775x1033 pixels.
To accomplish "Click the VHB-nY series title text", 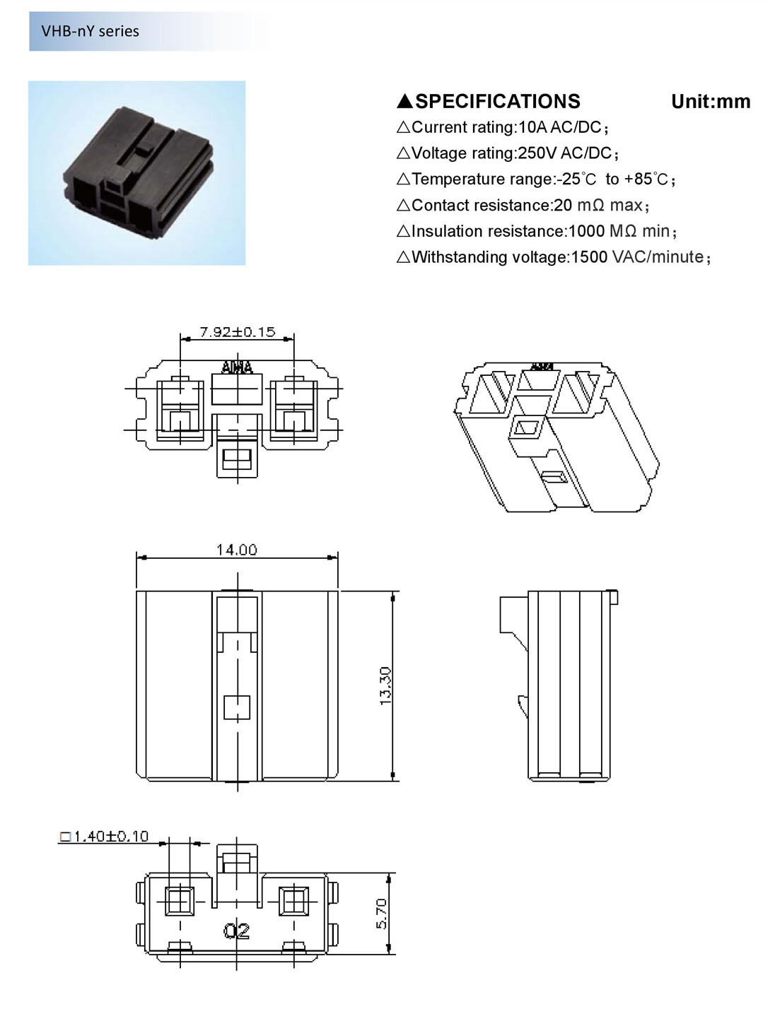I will [90, 31].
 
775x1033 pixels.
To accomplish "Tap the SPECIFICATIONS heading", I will [497, 102].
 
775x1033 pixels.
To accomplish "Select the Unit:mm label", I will [710, 102].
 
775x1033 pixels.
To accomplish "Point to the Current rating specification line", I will [503, 128].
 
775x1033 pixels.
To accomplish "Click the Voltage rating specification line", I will [508, 153].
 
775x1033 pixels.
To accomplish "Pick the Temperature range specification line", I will [536, 179].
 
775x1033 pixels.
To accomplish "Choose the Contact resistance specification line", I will [523, 206].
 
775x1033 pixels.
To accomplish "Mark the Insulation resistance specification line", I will [537, 232].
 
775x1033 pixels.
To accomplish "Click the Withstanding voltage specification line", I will [554, 257].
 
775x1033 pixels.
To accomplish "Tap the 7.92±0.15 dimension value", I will [237, 331].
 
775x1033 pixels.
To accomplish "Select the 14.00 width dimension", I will [236, 550].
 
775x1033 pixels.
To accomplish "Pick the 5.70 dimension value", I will [381, 913].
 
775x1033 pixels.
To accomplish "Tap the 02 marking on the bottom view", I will [237, 931].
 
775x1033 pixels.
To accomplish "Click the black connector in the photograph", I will [138, 173].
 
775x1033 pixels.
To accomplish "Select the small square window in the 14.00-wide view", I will [237, 707].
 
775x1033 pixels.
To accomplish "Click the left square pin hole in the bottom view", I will [179, 901].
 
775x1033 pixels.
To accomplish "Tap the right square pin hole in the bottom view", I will [293, 901].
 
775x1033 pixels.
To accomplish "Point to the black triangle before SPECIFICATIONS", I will [404, 102].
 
